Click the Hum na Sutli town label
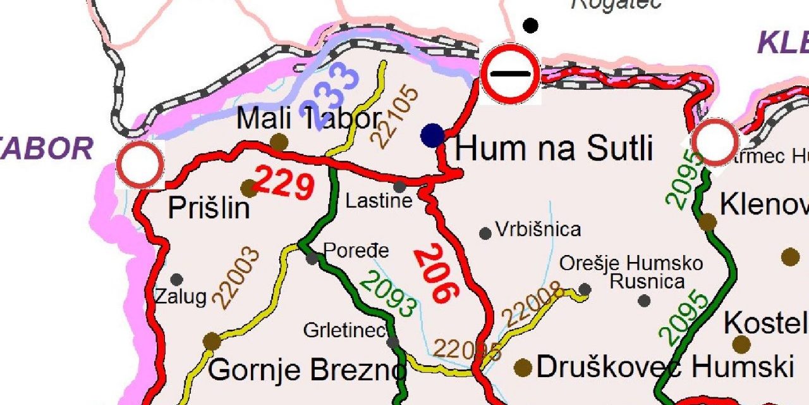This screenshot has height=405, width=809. (x=554, y=149)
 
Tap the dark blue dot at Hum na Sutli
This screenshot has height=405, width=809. (x=432, y=135)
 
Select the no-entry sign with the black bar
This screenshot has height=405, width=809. (x=510, y=74)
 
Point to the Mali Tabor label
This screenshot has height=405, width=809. (x=308, y=118)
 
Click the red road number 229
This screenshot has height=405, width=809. (x=285, y=184)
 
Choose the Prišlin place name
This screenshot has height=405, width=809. (x=209, y=208)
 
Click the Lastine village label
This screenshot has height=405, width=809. (x=379, y=201)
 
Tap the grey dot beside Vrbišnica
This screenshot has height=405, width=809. (x=485, y=234)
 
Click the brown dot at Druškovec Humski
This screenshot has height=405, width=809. (x=523, y=367)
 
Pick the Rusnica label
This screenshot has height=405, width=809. (x=647, y=282)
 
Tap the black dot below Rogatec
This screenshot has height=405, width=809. (x=531, y=26)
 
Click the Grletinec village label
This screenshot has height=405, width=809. (x=344, y=330)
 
